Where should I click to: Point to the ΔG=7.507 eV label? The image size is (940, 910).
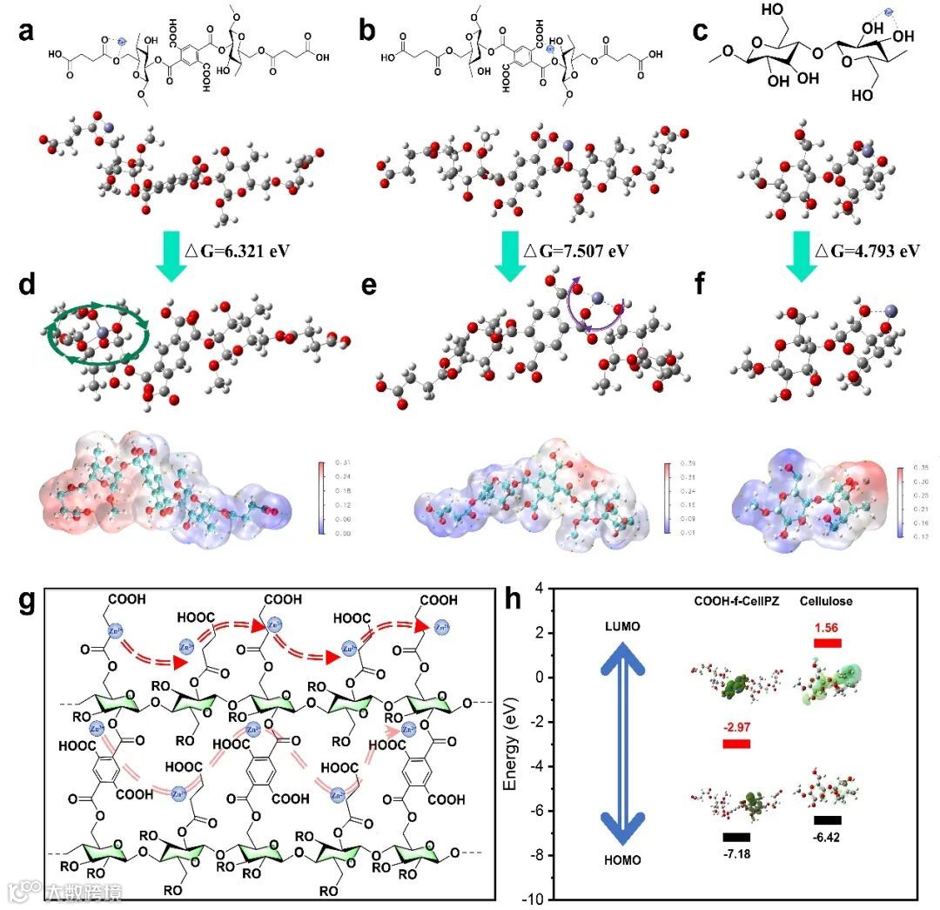pyautogui.click(x=574, y=251)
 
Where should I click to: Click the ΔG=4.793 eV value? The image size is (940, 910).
pyautogui.click(x=866, y=251)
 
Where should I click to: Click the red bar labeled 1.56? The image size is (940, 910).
pyautogui.click(x=827, y=644)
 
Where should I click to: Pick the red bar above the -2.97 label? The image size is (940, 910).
pyautogui.click(x=735, y=744)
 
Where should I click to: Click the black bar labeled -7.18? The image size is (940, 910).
pyautogui.click(x=735, y=838)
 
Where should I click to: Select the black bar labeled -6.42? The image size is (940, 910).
pyautogui.click(x=827, y=820)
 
